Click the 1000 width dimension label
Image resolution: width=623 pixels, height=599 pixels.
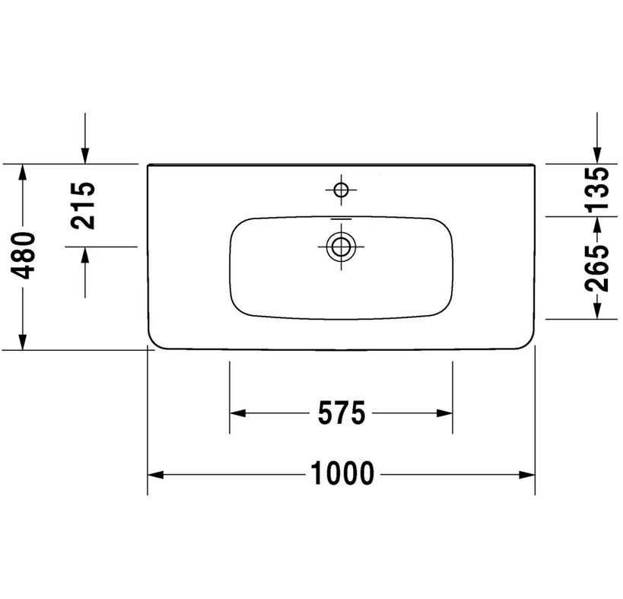click(342, 473)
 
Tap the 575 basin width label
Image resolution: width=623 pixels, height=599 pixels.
click(342, 413)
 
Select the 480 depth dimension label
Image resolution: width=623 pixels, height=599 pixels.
click(23, 256)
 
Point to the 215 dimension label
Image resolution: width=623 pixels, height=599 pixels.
click(83, 206)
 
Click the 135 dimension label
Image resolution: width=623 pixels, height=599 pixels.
click(597, 189)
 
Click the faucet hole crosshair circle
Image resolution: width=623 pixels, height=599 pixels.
click(341, 190)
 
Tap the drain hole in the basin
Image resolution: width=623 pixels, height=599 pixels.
click(341, 247)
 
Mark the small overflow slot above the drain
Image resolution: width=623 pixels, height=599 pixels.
click(341, 219)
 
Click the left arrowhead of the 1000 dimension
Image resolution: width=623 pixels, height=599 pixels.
click(155, 475)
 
